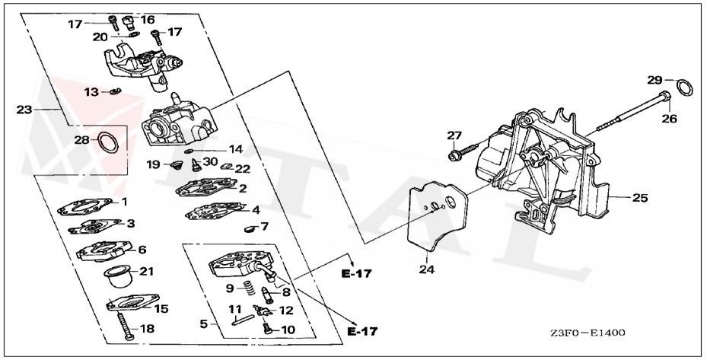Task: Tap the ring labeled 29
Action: click(x=685, y=88)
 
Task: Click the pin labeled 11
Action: click(x=237, y=320)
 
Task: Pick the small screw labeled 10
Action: click(x=267, y=329)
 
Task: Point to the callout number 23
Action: click(x=24, y=110)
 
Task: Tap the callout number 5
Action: click(x=203, y=323)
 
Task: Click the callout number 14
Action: click(x=235, y=149)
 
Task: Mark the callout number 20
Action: click(x=100, y=37)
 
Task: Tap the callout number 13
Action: click(x=91, y=92)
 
